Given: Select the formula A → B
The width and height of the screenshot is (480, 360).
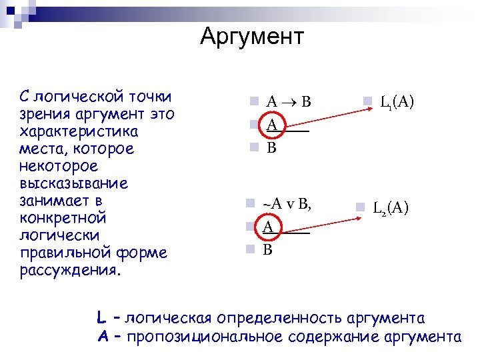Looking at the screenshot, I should click(x=289, y=102).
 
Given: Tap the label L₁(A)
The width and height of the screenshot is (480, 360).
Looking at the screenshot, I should click(x=397, y=102).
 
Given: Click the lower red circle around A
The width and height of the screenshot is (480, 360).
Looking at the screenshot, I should click(x=268, y=227).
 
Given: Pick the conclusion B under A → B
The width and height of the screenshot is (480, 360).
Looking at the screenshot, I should click(x=271, y=147).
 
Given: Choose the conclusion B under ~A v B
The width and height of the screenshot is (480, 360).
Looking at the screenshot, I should click(x=268, y=250).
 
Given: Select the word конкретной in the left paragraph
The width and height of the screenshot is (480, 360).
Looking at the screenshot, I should click(x=63, y=218).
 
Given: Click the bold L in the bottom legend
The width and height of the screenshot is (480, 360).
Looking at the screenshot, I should click(x=100, y=317).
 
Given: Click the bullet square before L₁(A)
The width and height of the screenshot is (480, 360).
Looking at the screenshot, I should click(x=367, y=102).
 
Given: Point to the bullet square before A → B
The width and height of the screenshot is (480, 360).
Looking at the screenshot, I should click(x=253, y=102).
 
